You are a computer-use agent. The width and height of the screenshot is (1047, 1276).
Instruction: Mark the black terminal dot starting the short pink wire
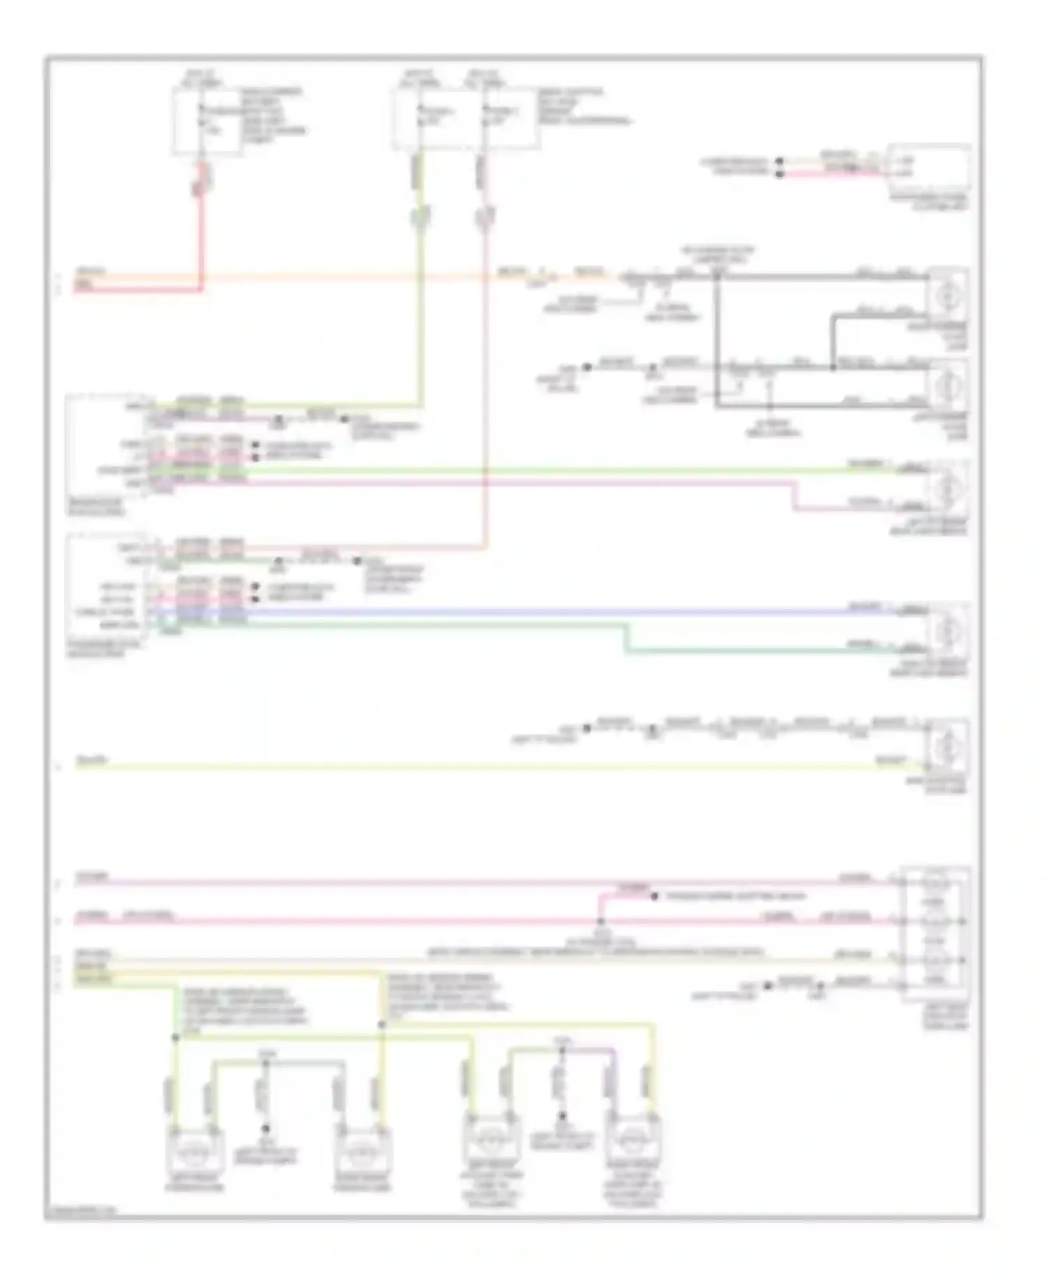780,173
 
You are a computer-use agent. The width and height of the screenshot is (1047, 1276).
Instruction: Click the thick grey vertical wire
716,342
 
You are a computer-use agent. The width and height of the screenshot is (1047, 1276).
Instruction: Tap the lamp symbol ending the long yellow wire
946,748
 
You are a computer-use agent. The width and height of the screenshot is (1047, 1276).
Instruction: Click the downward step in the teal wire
626,639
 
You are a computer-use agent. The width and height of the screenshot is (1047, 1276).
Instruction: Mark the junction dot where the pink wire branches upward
601,921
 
